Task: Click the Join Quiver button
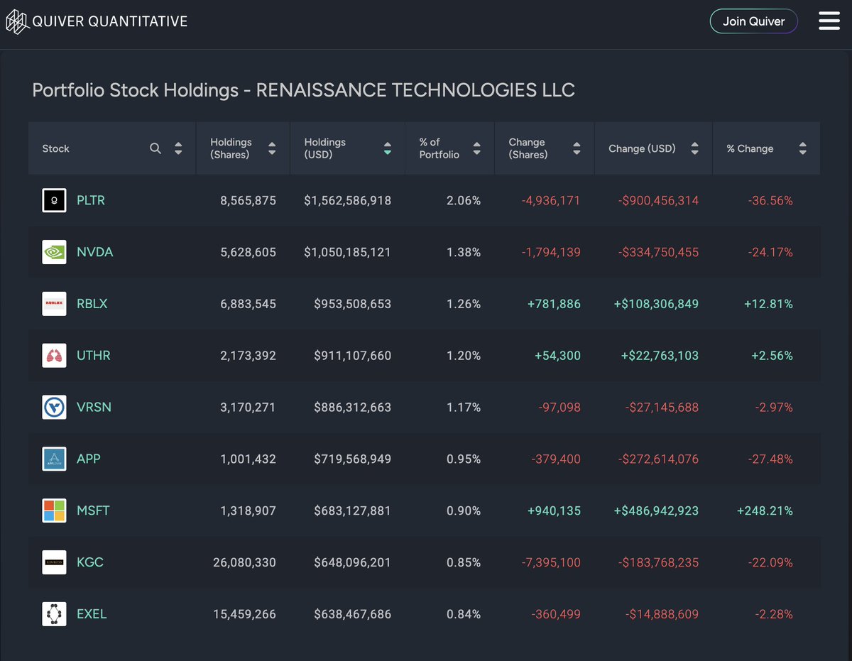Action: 753,21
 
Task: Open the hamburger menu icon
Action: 829,21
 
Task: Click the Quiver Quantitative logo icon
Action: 16,21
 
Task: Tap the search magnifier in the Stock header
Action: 155,148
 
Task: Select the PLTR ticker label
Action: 91,201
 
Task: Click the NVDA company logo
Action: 54,252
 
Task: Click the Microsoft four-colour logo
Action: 54,510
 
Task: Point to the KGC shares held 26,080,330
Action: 244,562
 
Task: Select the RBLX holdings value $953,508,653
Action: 352,304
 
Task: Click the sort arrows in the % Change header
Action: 802,148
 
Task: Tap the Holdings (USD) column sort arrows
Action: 387,148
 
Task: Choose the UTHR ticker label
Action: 94,356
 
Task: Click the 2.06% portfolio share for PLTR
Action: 464,201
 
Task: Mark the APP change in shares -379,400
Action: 555,459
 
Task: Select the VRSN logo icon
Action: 54,407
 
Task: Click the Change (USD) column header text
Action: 642,148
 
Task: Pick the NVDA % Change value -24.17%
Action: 770,252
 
